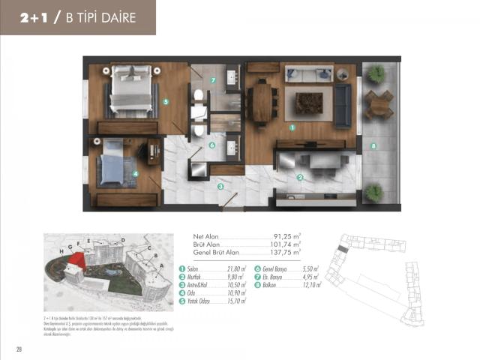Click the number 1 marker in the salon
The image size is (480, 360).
tap(292, 127)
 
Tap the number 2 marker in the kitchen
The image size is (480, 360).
tap(299, 178)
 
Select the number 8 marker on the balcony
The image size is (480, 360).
tap(373, 145)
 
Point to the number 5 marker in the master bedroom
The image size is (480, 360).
tap(165, 102)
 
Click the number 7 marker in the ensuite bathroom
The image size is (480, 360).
tap(213, 80)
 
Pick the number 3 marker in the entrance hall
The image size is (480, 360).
tap(220, 186)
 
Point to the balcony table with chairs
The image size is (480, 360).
tap(379, 103)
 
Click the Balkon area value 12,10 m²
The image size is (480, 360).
tap(307, 285)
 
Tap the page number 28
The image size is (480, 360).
tap(18, 349)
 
